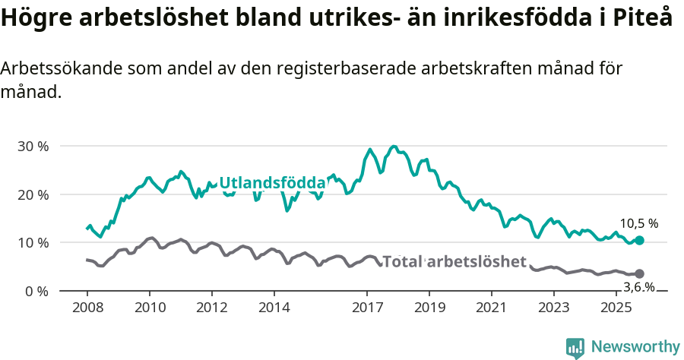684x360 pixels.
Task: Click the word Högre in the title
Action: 35,18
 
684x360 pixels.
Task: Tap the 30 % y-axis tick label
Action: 33,146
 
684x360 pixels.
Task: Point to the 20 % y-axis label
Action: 33,194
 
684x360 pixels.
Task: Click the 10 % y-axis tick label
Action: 33,243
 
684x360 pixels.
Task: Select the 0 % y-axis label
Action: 36,292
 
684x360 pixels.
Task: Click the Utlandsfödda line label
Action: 272,183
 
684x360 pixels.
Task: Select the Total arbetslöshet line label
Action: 454,262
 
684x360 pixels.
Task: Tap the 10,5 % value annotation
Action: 638,224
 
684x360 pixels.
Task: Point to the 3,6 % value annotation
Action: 638,286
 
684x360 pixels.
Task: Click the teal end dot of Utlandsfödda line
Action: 639,240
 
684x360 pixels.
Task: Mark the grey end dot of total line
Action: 639,273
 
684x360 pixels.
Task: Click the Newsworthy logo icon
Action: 575,348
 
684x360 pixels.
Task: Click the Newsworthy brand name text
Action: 635,347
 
